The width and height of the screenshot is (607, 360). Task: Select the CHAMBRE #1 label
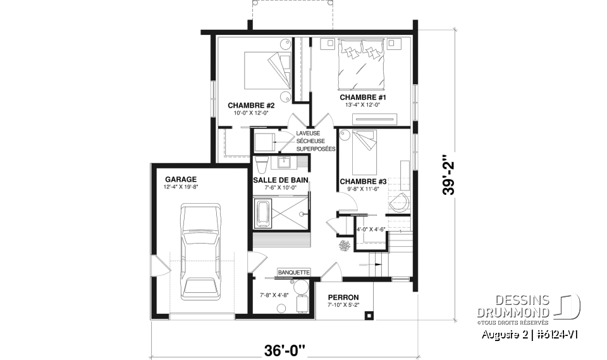pos(362,97)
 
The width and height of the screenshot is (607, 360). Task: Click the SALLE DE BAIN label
pos(281,180)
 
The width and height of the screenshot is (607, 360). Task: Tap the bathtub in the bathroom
pos(262,214)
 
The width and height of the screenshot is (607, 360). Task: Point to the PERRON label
pos(343,297)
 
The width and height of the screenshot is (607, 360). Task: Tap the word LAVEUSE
pos(308,133)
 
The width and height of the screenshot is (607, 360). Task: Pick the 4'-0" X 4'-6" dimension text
pos(371,229)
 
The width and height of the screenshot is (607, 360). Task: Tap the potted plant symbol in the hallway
pos(346,245)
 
